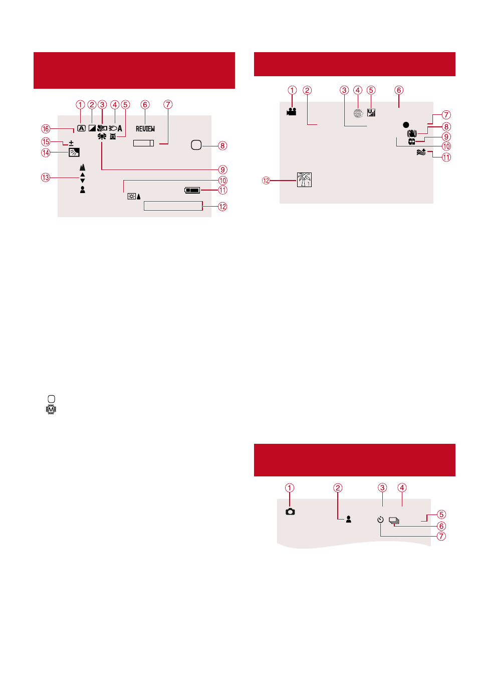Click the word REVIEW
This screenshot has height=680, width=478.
coord(145,129)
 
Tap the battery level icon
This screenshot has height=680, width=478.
coord(192,191)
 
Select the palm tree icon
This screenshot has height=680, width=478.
coord(304,180)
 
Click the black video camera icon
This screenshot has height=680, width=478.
coord(291,112)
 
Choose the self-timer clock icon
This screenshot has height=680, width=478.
coord(380,520)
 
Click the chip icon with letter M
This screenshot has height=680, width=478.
coord(51,410)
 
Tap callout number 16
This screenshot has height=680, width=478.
coord(46,129)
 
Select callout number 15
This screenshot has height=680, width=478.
coord(46,142)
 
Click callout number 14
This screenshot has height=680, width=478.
coord(46,152)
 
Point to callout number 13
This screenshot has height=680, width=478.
coord(46,178)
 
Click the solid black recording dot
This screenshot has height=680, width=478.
coord(406,125)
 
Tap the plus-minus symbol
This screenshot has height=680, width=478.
coord(71,143)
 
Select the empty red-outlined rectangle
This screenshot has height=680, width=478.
coord(173,206)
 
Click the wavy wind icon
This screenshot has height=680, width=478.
coord(421,152)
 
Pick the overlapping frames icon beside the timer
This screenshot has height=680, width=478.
coord(394,521)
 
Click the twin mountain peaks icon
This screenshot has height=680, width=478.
coord(82,167)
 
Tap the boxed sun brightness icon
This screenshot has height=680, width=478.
coord(132,197)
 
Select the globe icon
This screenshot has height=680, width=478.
coord(358,113)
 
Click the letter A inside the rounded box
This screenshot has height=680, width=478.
coord(81,128)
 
